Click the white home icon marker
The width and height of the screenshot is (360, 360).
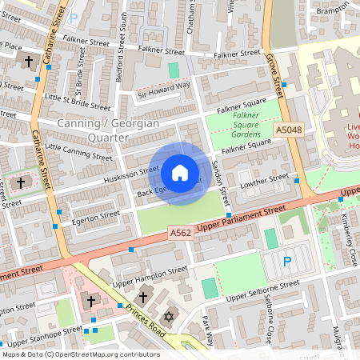pos(180,173)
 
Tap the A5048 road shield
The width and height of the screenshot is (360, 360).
pos(289,130)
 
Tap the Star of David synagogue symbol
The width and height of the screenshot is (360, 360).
pos(168,318)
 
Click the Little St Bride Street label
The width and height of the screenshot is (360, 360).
pos(78,101)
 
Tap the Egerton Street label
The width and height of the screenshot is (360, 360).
pos(94,216)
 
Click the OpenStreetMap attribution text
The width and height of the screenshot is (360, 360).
pos(80,354)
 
